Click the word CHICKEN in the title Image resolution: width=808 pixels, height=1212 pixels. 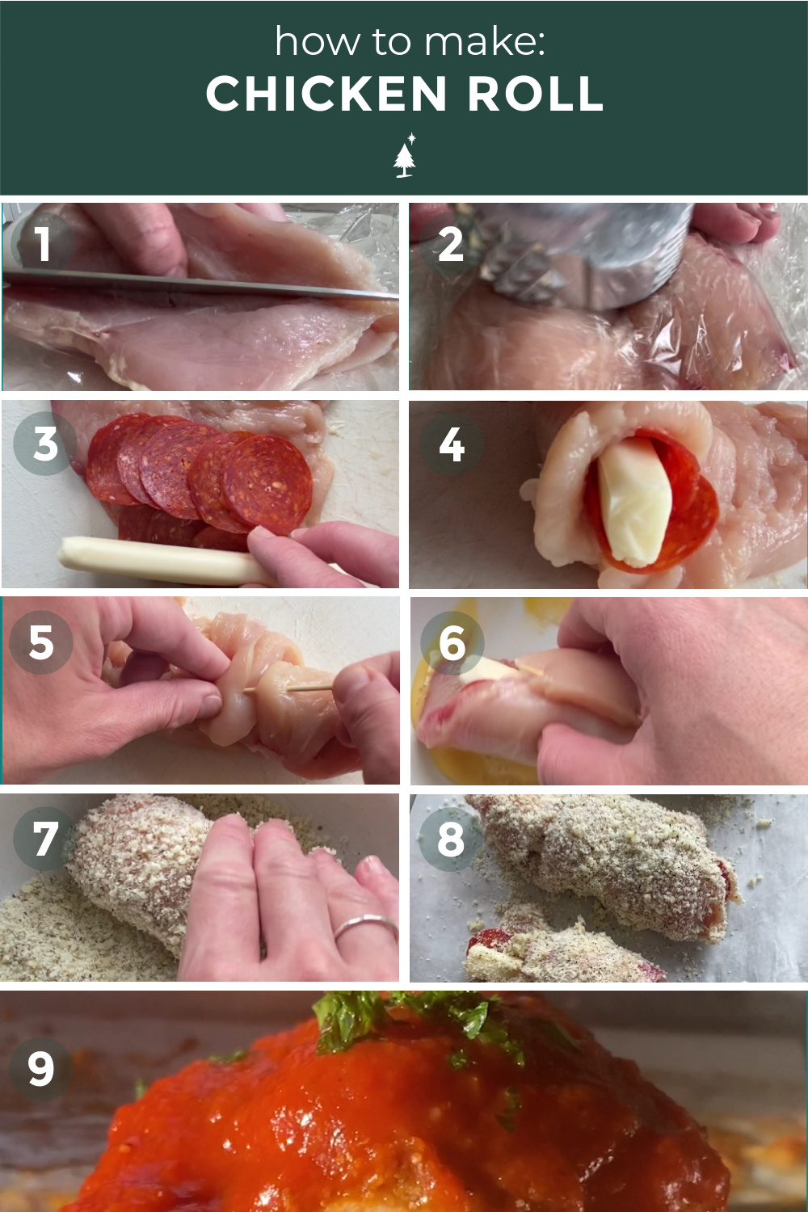pyautogui.click(x=326, y=93)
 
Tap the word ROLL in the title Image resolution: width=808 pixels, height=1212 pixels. pyautogui.click(x=535, y=93)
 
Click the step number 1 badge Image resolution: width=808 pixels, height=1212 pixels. pyautogui.click(x=43, y=243)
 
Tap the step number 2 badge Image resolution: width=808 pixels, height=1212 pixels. pyautogui.click(x=450, y=245)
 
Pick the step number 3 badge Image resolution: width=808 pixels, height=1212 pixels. pyautogui.click(x=45, y=444)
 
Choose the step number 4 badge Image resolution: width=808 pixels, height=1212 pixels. pyautogui.click(x=452, y=444)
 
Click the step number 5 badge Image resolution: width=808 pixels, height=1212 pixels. pyautogui.click(x=41, y=642)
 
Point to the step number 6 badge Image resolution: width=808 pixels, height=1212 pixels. pyautogui.click(x=452, y=643)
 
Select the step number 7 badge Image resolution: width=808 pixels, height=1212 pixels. pyautogui.click(x=45, y=840)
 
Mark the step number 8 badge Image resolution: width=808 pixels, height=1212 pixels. pyautogui.click(x=451, y=840)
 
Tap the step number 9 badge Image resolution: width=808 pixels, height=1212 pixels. pyautogui.click(x=41, y=1069)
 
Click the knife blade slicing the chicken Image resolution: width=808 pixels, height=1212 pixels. pyautogui.click(x=200, y=285)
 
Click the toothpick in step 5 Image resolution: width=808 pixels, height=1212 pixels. pyautogui.click(x=287, y=688)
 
